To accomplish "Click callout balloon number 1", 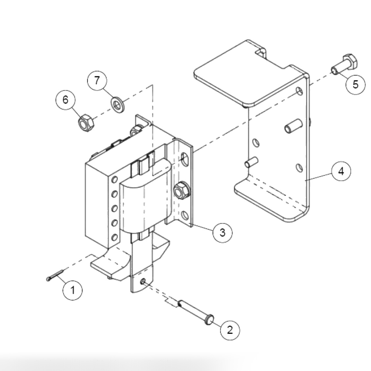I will click(73, 290).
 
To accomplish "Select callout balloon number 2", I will click(229, 329).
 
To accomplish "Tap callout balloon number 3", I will click(223, 232).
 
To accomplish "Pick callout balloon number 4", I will click(341, 171).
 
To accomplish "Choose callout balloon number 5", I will click(356, 84).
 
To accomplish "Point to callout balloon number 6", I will click(65, 99).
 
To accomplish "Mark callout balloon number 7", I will click(97, 80).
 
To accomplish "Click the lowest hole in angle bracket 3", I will click(185, 216).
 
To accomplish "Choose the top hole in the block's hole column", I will click(115, 179).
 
